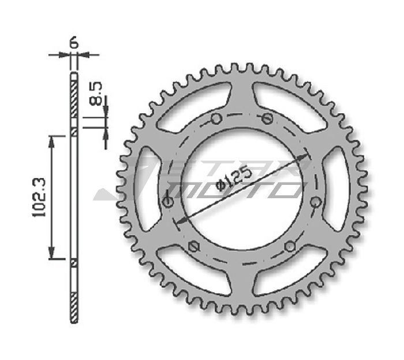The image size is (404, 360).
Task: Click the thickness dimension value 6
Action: point(74,43)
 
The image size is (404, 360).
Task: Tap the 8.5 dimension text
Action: point(96,94)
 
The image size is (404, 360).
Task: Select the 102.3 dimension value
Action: point(39,197)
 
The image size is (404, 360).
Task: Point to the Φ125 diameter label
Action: point(234,179)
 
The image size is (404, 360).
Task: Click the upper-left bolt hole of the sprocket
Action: point(216,118)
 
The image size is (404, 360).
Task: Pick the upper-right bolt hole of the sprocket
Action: point(267,118)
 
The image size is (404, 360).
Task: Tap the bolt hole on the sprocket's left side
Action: point(169,202)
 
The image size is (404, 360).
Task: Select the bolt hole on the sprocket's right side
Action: point(315,202)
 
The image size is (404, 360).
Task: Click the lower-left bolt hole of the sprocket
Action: point(193,246)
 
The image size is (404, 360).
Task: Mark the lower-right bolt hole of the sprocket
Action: point(290,246)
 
